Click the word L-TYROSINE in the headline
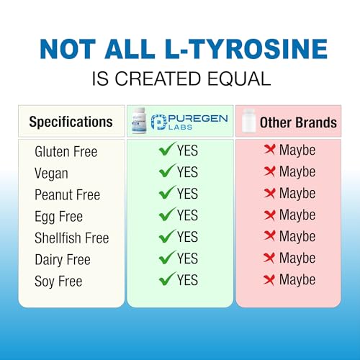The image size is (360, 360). tap(246, 49)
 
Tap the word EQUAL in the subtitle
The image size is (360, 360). tap(239, 78)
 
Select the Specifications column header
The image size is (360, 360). tap(71, 122)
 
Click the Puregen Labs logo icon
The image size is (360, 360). tap(159, 122)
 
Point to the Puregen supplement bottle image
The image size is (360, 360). tap(139, 121)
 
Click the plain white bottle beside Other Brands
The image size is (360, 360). tap(248, 120)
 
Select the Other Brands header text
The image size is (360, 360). tap(298, 122)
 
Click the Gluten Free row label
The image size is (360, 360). tap(66, 152)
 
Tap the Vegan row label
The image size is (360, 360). tap(51, 174)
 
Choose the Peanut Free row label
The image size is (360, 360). tap(68, 194)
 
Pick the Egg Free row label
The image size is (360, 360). tap(59, 217)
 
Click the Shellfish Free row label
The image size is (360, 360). tap(72, 238)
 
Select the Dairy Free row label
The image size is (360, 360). tap(63, 260)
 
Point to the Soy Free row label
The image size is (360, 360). tap(58, 282)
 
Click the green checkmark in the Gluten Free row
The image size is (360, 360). tap(168, 149)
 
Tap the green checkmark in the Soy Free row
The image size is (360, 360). tap(168, 279)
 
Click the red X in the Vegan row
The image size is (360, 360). tap(269, 171)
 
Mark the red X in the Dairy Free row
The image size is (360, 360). tap(269, 258)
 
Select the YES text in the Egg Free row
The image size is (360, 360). tap(187, 215)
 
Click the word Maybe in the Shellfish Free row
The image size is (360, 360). tap(297, 237)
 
